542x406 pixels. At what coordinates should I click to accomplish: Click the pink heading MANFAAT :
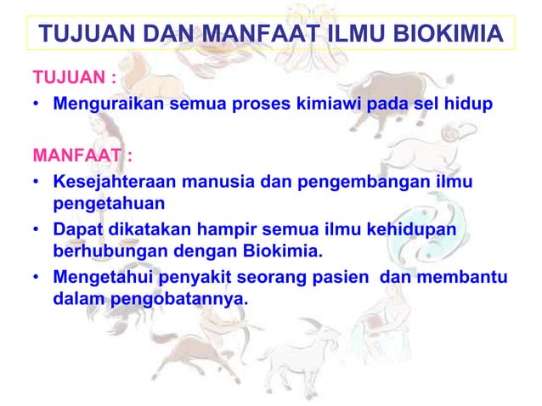(82, 156)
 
